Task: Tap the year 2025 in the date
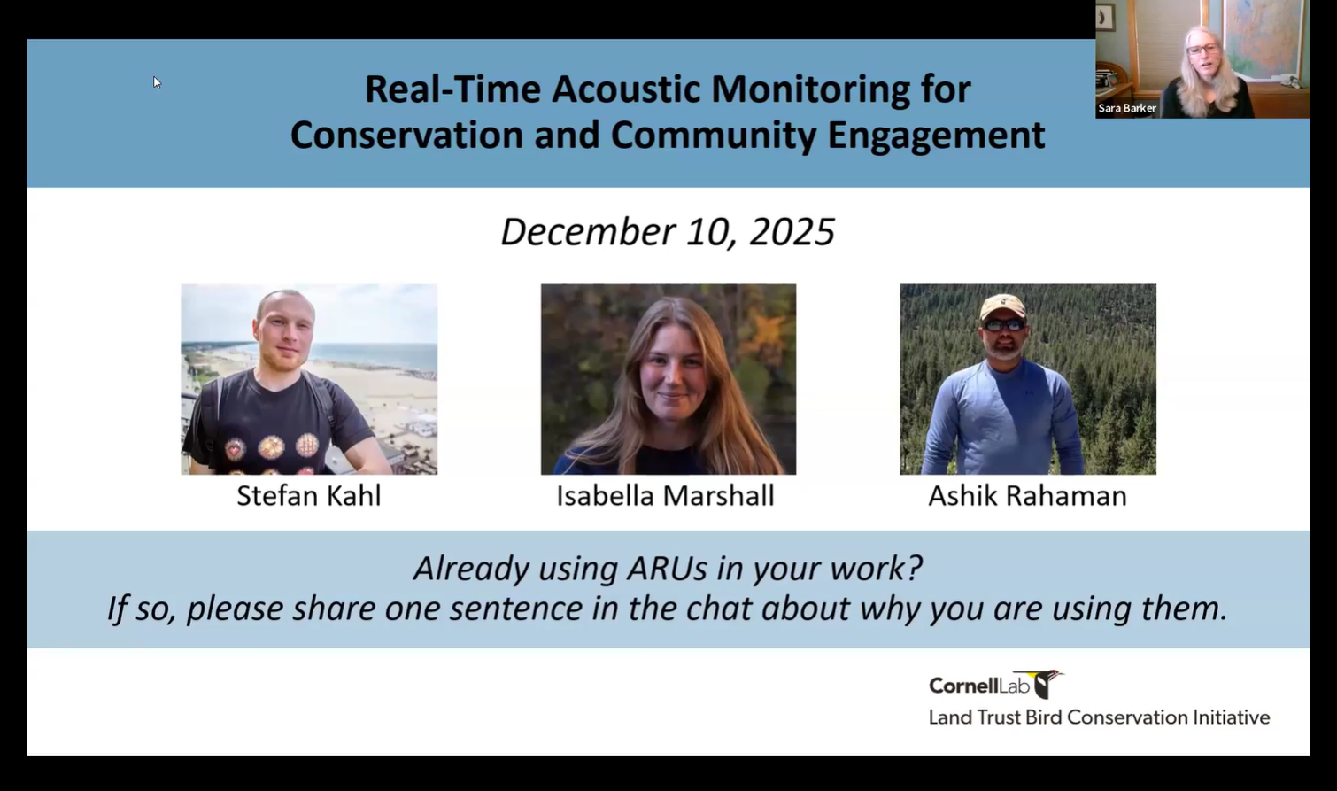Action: pyautogui.click(x=792, y=232)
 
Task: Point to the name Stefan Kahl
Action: pyautogui.click(x=308, y=495)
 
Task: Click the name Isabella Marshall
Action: pyautogui.click(x=665, y=495)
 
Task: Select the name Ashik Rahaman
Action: pyautogui.click(x=1027, y=495)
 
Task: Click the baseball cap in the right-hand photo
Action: pyautogui.click(x=1002, y=306)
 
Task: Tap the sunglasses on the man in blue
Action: pyautogui.click(x=1004, y=326)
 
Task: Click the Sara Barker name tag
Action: pyautogui.click(x=1127, y=108)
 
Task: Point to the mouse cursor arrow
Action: pyautogui.click(x=156, y=81)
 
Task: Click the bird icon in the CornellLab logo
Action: pyautogui.click(x=1047, y=683)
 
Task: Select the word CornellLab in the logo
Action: pyautogui.click(x=979, y=686)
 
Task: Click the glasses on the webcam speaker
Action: pyautogui.click(x=1203, y=50)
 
